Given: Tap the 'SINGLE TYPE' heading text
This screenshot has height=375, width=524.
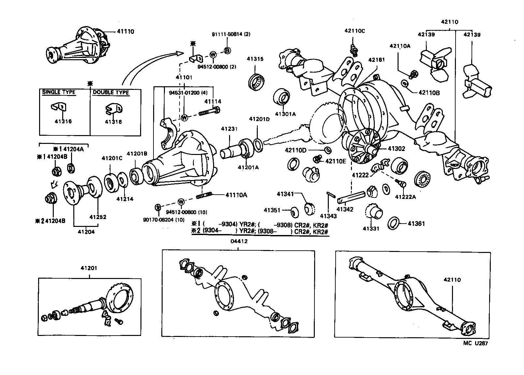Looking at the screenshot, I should (x=59, y=92).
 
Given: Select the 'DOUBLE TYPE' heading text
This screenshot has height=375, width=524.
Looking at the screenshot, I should (x=111, y=92).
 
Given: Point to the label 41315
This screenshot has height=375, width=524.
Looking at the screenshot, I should (x=255, y=59).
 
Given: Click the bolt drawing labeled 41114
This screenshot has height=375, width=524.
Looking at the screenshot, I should (x=209, y=112).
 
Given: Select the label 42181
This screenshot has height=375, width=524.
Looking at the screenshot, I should (x=377, y=60).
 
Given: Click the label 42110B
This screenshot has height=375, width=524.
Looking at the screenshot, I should (x=429, y=93).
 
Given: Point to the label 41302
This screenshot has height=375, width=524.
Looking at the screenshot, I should (x=396, y=149).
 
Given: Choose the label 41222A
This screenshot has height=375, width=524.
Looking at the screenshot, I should (x=405, y=197).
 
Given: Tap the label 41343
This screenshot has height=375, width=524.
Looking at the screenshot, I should (x=328, y=216).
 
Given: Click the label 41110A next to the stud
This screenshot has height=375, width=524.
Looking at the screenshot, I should (x=236, y=195).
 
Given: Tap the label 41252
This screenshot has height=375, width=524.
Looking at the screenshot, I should (x=98, y=217).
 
